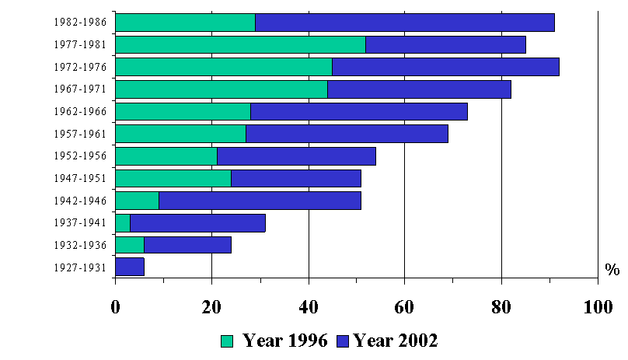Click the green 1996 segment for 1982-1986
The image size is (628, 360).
pyautogui.click(x=185, y=23)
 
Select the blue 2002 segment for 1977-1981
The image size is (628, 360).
pyautogui.click(x=445, y=44)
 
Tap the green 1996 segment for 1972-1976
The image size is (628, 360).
pyautogui.click(x=223, y=67)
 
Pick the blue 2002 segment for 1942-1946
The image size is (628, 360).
pyautogui.click(x=260, y=201)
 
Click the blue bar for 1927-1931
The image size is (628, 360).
pyautogui.click(x=130, y=267)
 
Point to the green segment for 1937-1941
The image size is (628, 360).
pyautogui.click(x=123, y=223)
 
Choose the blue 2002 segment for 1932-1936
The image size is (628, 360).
pyautogui.click(x=187, y=245)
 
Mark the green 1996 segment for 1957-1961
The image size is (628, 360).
pyautogui.click(x=180, y=134)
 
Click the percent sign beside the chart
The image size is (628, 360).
pyautogui.click(x=612, y=269)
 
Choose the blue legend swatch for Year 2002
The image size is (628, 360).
pyautogui.click(x=343, y=341)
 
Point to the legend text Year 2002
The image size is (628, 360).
pyautogui.click(x=396, y=341)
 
